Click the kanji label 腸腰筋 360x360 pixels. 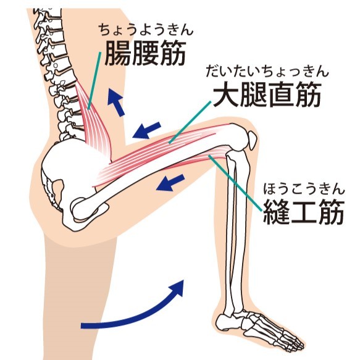click(x=145, y=53)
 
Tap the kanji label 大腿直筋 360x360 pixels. click(x=267, y=95)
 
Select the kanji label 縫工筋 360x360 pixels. click(x=304, y=212)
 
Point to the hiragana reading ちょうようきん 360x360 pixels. click(x=146, y=30)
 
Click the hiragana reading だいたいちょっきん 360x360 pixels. click(x=267, y=71)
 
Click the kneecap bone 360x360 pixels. click(x=252, y=140)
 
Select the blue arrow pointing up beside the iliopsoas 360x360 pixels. click(x=116, y=103)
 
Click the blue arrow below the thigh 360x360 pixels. click(x=170, y=183)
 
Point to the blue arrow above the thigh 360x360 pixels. click(x=146, y=130)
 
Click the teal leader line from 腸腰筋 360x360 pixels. click(x=94, y=80)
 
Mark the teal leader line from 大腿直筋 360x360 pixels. click(x=190, y=122)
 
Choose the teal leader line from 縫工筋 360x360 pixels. click(x=235, y=183)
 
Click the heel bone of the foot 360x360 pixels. click(x=225, y=322)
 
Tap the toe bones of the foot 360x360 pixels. click(x=287, y=338)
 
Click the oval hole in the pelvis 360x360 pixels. click(x=58, y=190)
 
